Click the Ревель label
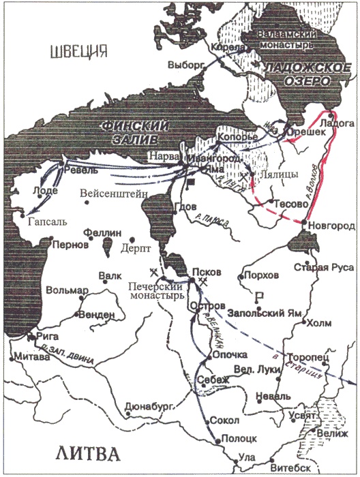[x=76, y=166]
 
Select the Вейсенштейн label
[x=113, y=193]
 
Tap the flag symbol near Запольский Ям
[x=258, y=297]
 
